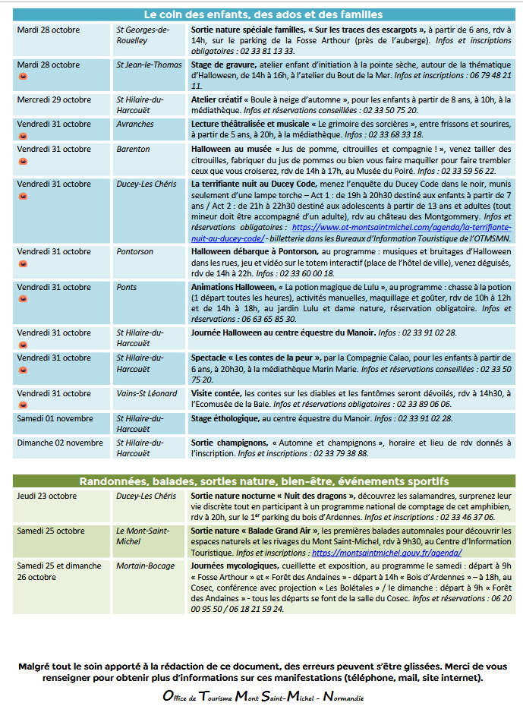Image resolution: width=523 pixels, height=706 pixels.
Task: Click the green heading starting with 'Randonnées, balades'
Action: (263, 481)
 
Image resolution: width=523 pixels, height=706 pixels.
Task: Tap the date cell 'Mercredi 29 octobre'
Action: (54, 99)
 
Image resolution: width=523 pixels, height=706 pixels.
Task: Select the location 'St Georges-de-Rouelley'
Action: (143, 35)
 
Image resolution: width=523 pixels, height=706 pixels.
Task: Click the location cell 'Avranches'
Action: (135, 124)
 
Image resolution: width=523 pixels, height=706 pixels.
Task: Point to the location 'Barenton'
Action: (133, 149)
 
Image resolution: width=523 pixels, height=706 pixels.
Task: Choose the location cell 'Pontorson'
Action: (135, 251)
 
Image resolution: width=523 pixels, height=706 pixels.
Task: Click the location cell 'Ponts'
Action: (127, 287)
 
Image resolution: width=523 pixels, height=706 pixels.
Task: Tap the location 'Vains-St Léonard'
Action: (147, 393)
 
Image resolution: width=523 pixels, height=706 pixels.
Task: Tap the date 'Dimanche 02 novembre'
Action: (60, 443)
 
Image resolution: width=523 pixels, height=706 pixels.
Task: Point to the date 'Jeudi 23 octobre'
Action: (47, 496)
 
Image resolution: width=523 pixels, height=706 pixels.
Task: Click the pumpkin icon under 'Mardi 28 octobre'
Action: (22, 77)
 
